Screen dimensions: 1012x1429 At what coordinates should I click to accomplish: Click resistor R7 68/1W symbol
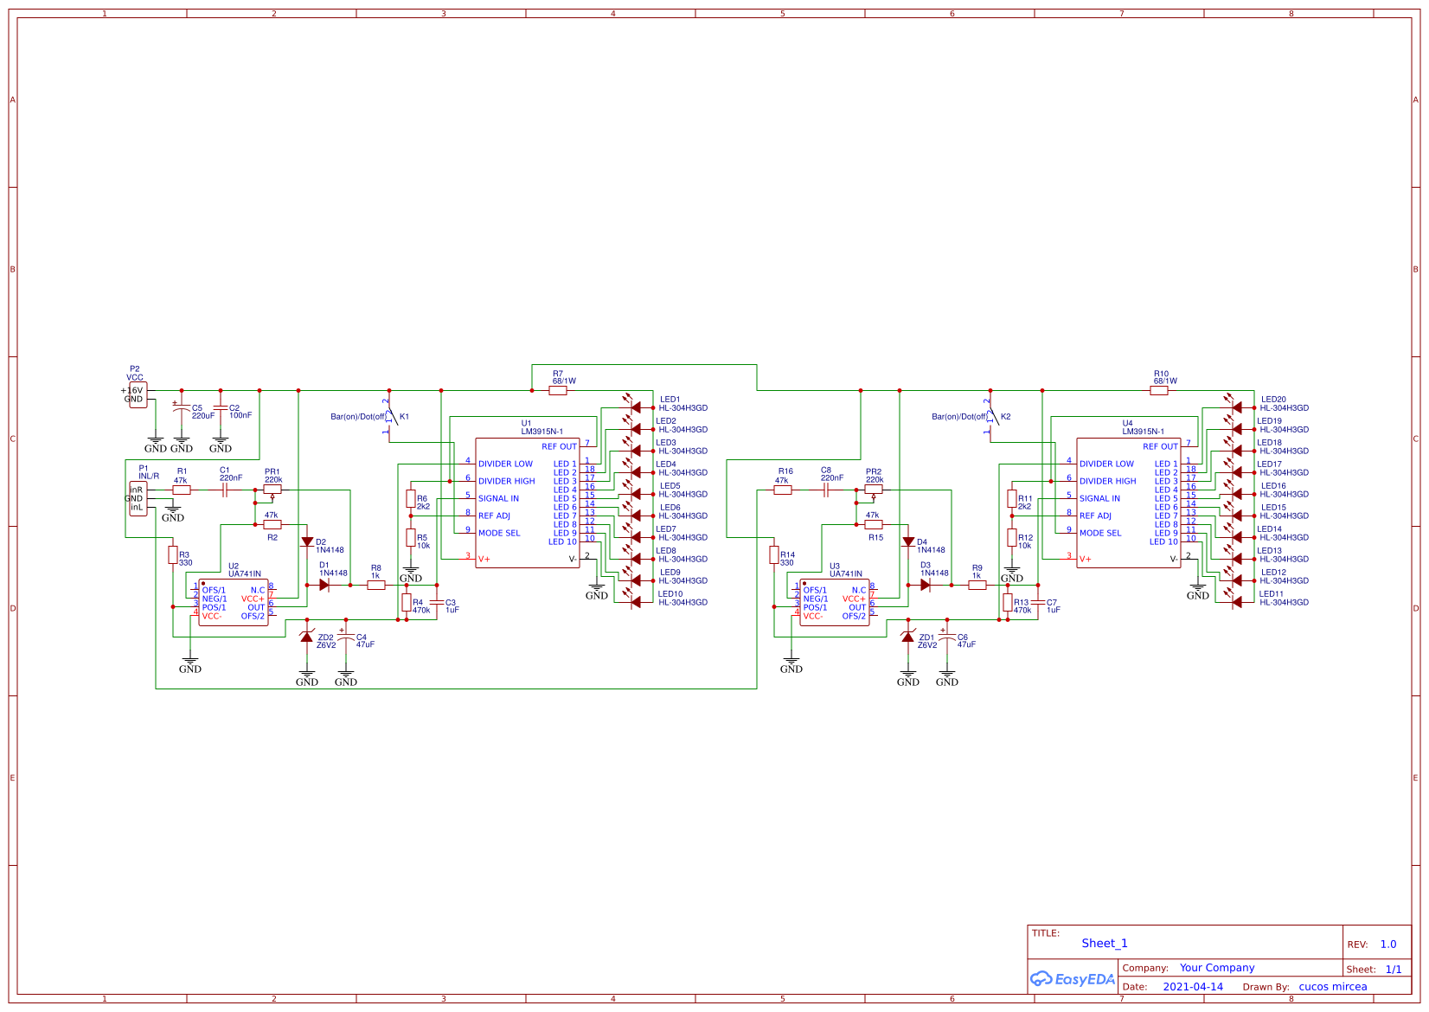point(558,391)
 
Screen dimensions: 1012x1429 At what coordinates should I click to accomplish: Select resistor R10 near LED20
point(1159,391)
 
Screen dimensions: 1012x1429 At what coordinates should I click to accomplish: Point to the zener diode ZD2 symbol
point(306,637)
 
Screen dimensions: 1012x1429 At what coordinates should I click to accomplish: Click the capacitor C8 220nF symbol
point(826,490)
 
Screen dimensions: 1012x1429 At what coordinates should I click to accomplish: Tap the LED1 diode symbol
point(635,407)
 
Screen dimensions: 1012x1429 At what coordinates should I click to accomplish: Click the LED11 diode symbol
point(1236,602)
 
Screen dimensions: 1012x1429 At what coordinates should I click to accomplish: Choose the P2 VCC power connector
point(138,394)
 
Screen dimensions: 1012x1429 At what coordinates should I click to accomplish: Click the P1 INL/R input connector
point(138,498)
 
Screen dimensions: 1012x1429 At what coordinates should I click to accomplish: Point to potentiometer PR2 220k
point(874,490)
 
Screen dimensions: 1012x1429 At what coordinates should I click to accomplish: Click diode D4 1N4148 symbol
point(907,542)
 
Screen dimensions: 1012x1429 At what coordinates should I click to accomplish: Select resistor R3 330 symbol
point(173,555)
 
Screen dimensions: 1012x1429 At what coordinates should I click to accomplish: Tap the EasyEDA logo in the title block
point(1072,979)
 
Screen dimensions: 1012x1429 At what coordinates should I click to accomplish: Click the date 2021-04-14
point(1192,986)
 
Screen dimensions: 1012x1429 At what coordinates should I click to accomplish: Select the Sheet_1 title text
point(1104,943)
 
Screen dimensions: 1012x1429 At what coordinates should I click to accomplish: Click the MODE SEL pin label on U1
point(499,533)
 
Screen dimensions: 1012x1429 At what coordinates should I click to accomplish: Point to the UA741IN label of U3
point(845,573)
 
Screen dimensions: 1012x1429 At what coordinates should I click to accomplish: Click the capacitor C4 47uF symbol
point(346,639)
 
